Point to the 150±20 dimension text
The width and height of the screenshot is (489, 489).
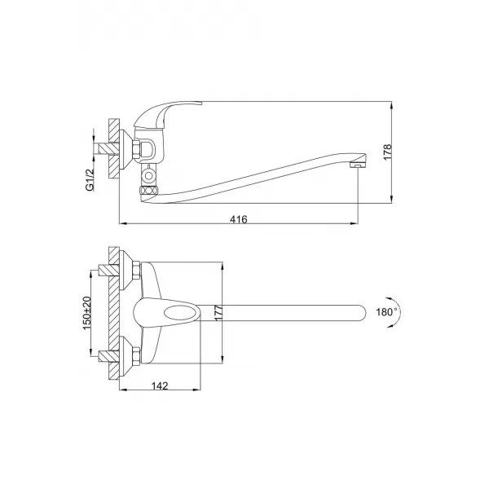click(90, 311)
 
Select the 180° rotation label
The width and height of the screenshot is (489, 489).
click(386, 311)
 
